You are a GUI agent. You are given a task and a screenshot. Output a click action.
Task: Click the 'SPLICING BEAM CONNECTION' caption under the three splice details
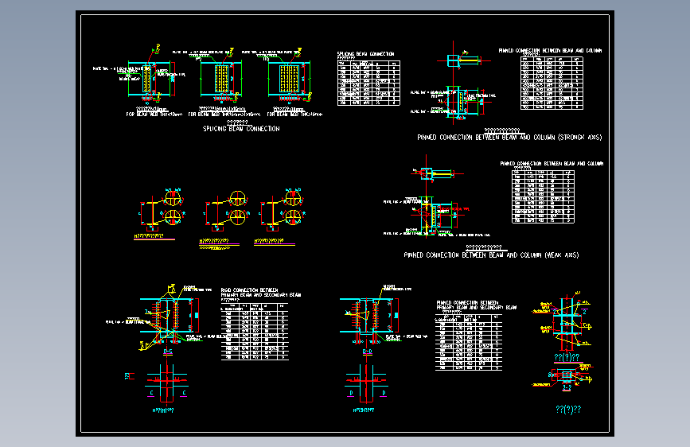tap(240, 129)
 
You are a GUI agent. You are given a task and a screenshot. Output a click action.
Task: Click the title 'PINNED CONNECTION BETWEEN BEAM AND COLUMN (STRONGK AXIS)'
tap(509, 138)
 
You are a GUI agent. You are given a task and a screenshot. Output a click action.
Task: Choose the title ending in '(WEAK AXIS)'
tap(491, 255)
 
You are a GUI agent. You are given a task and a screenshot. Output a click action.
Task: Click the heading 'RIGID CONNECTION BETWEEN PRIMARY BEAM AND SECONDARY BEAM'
tap(260, 293)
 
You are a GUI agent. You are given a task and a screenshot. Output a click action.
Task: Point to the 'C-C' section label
tap(167, 351)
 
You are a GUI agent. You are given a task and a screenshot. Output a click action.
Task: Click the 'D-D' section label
tap(366, 351)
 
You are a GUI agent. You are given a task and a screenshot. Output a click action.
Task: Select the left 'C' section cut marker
tap(151, 392)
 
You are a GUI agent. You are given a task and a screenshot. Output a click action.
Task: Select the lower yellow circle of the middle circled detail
tap(237, 216)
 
